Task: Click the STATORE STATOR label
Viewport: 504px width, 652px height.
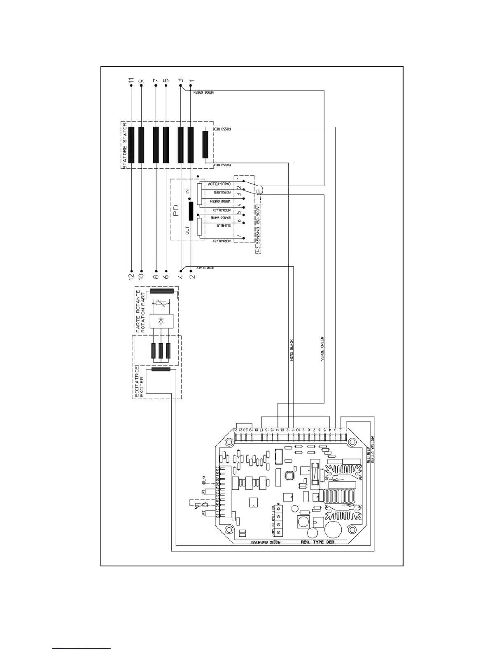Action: point(124,145)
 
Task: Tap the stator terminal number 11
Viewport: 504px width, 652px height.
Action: point(131,81)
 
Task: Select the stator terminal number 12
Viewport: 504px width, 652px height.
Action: point(131,276)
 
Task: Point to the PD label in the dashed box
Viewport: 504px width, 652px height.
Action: point(176,211)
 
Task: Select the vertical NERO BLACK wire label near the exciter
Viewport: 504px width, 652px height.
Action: point(291,350)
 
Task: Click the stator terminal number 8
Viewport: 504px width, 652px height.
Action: point(156,276)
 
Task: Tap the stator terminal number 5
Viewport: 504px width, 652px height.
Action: point(166,81)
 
